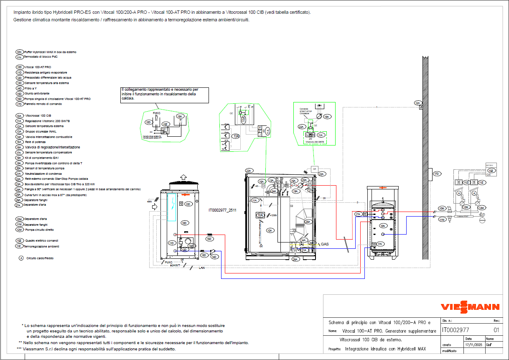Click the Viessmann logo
(470, 307)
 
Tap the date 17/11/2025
(473, 345)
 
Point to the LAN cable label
(202, 268)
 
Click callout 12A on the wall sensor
(417, 102)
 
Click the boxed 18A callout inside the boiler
(260, 215)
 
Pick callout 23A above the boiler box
(249, 171)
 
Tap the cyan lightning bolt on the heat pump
(172, 207)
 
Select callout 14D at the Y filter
(214, 257)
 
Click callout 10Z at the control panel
(491, 171)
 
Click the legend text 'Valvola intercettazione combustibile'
(48, 137)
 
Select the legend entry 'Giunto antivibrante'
(37, 94)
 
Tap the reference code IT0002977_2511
(222, 210)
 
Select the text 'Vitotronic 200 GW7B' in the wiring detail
(316, 142)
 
